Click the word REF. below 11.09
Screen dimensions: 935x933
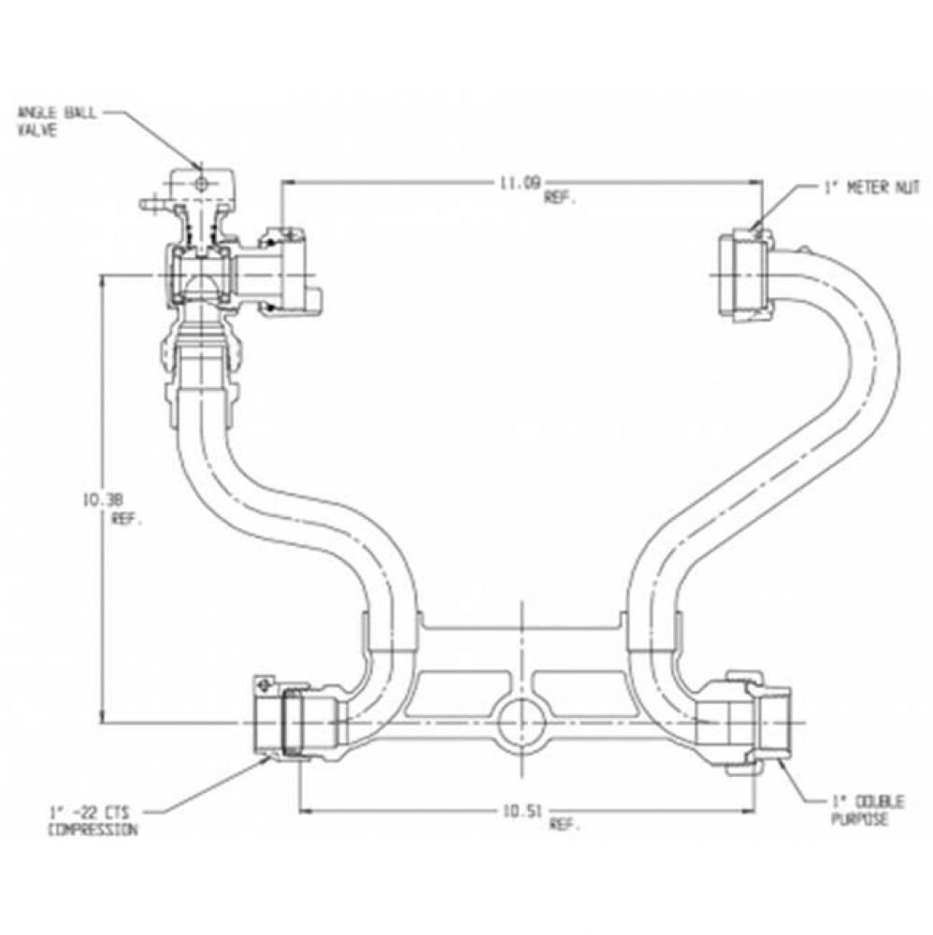pyautogui.click(x=557, y=198)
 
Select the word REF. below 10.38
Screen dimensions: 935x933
pyautogui.click(x=127, y=520)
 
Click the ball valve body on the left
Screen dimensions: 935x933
pyautogui.click(x=198, y=276)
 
